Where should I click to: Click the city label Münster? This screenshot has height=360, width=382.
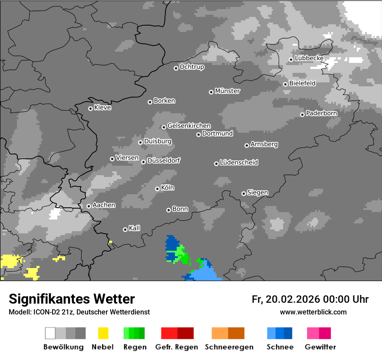[227, 91]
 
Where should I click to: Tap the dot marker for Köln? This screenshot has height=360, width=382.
[157, 189]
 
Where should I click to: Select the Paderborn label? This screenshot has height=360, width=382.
[322, 113]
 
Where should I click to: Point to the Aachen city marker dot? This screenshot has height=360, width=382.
[89, 206]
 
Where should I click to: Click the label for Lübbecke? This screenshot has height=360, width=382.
[310, 58]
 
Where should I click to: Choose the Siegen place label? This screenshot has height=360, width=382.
[258, 193]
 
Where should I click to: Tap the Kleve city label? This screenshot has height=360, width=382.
[103, 108]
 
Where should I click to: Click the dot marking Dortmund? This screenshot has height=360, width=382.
[198, 134]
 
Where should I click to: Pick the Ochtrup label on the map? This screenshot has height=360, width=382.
[192, 67]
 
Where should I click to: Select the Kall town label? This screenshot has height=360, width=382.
[135, 228]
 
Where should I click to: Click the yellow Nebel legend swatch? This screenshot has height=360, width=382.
[103, 333]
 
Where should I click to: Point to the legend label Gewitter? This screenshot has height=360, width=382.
[320, 347]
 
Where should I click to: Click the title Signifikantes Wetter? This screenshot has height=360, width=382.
[72, 299]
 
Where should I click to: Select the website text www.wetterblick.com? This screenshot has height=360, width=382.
[313, 312]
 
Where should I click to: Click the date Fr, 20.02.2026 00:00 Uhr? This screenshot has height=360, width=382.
[310, 299]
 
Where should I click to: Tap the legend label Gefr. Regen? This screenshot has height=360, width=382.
[177, 347]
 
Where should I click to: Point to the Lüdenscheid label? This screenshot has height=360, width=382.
[239, 163]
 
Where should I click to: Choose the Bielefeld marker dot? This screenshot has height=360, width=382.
[285, 84]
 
